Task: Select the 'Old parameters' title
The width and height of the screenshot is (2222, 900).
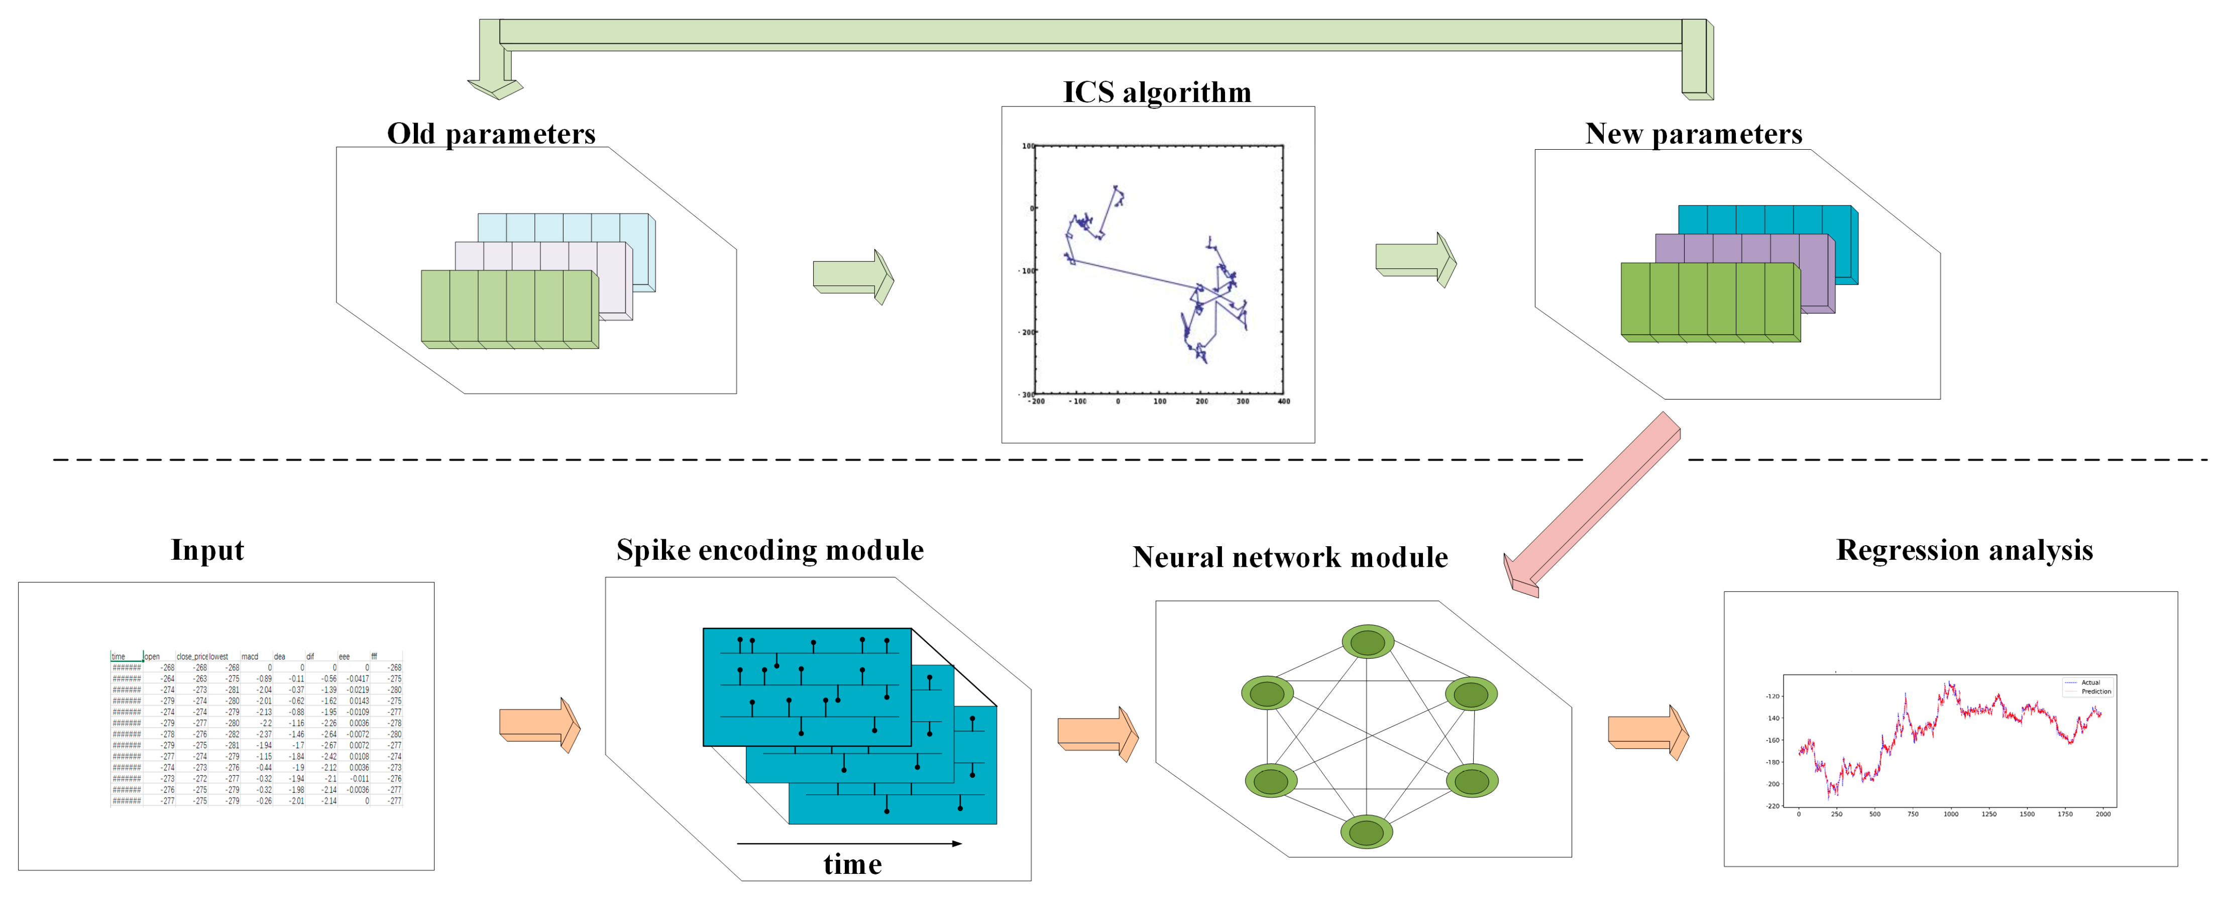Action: tap(491, 134)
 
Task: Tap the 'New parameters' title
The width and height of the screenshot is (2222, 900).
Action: tap(1693, 134)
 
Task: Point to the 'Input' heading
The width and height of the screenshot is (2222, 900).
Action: tap(207, 550)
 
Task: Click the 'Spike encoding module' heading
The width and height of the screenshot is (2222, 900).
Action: tap(769, 550)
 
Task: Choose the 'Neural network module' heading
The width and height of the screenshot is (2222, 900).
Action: tap(1290, 557)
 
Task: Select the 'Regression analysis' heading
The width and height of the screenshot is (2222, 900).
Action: tap(1964, 550)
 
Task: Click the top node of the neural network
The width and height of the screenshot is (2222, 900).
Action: tap(1367, 642)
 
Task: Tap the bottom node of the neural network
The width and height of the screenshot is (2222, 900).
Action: tap(1366, 833)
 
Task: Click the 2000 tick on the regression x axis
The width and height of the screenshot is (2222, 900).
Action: tap(2103, 814)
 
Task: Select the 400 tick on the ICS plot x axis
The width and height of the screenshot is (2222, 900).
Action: tap(1283, 401)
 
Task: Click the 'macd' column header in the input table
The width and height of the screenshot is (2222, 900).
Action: tap(250, 657)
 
